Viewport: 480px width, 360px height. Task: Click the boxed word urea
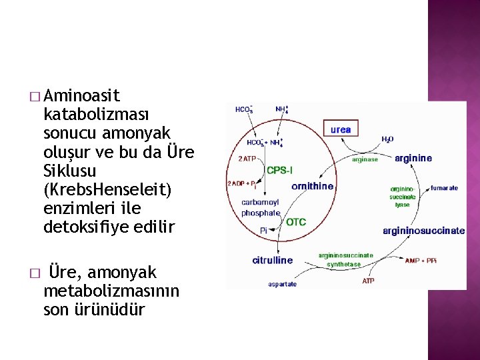pos(341,129)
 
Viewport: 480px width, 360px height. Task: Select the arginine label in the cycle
pos(413,159)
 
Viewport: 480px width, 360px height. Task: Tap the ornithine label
pos(313,186)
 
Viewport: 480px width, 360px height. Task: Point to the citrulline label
pos(272,260)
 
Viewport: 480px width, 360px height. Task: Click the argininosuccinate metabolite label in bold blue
pos(423,231)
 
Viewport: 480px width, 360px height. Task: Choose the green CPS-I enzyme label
pos(279,171)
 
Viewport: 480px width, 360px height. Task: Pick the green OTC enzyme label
pos(296,222)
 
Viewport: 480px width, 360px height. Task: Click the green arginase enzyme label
pos(365,159)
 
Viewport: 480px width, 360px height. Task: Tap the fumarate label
pos(444,188)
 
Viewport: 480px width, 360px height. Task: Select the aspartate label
pos(283,284)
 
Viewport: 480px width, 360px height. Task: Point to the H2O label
pos(387,139)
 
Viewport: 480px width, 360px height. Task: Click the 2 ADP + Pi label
pos(243,184)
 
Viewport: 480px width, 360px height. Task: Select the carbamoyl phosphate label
pos(261,207)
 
